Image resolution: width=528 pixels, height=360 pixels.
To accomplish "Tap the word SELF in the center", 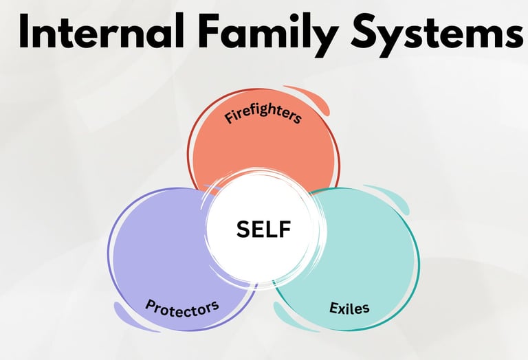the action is coord(264,229).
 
